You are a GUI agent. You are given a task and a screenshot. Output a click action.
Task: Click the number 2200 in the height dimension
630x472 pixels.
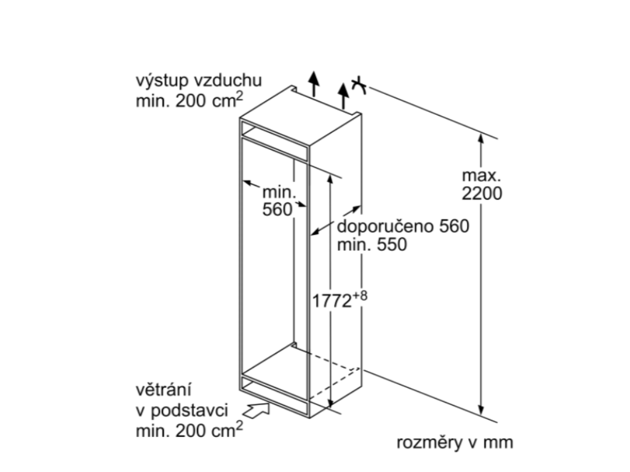pyautogui.click(x=482, y=194)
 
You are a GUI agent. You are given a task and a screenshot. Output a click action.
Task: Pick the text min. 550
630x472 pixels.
pyautogui.click(x=372, y=245)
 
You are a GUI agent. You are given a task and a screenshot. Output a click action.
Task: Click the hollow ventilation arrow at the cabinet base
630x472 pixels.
pyautogui.click(x=258, y=408)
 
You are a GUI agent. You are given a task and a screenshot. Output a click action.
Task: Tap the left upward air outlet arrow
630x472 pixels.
pyautogui.click(x=314, y=84)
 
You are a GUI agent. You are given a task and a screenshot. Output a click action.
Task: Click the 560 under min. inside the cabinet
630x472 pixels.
pyautogui.click(x=277, y=210)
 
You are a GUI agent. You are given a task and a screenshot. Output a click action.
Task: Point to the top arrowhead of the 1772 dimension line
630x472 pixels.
pyautogui.click(x=331, y=179)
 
